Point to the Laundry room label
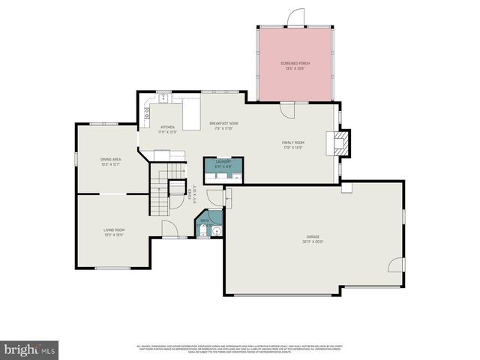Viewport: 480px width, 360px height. [x=223, y=161]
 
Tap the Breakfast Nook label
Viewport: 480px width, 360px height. [x=223, y=123]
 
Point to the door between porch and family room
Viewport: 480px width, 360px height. [x=288, y=108]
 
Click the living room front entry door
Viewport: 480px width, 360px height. [x=170, y=230]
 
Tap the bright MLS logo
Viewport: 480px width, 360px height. [x=30, y=349]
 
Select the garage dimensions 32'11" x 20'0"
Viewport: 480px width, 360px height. [x=312, y=241]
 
